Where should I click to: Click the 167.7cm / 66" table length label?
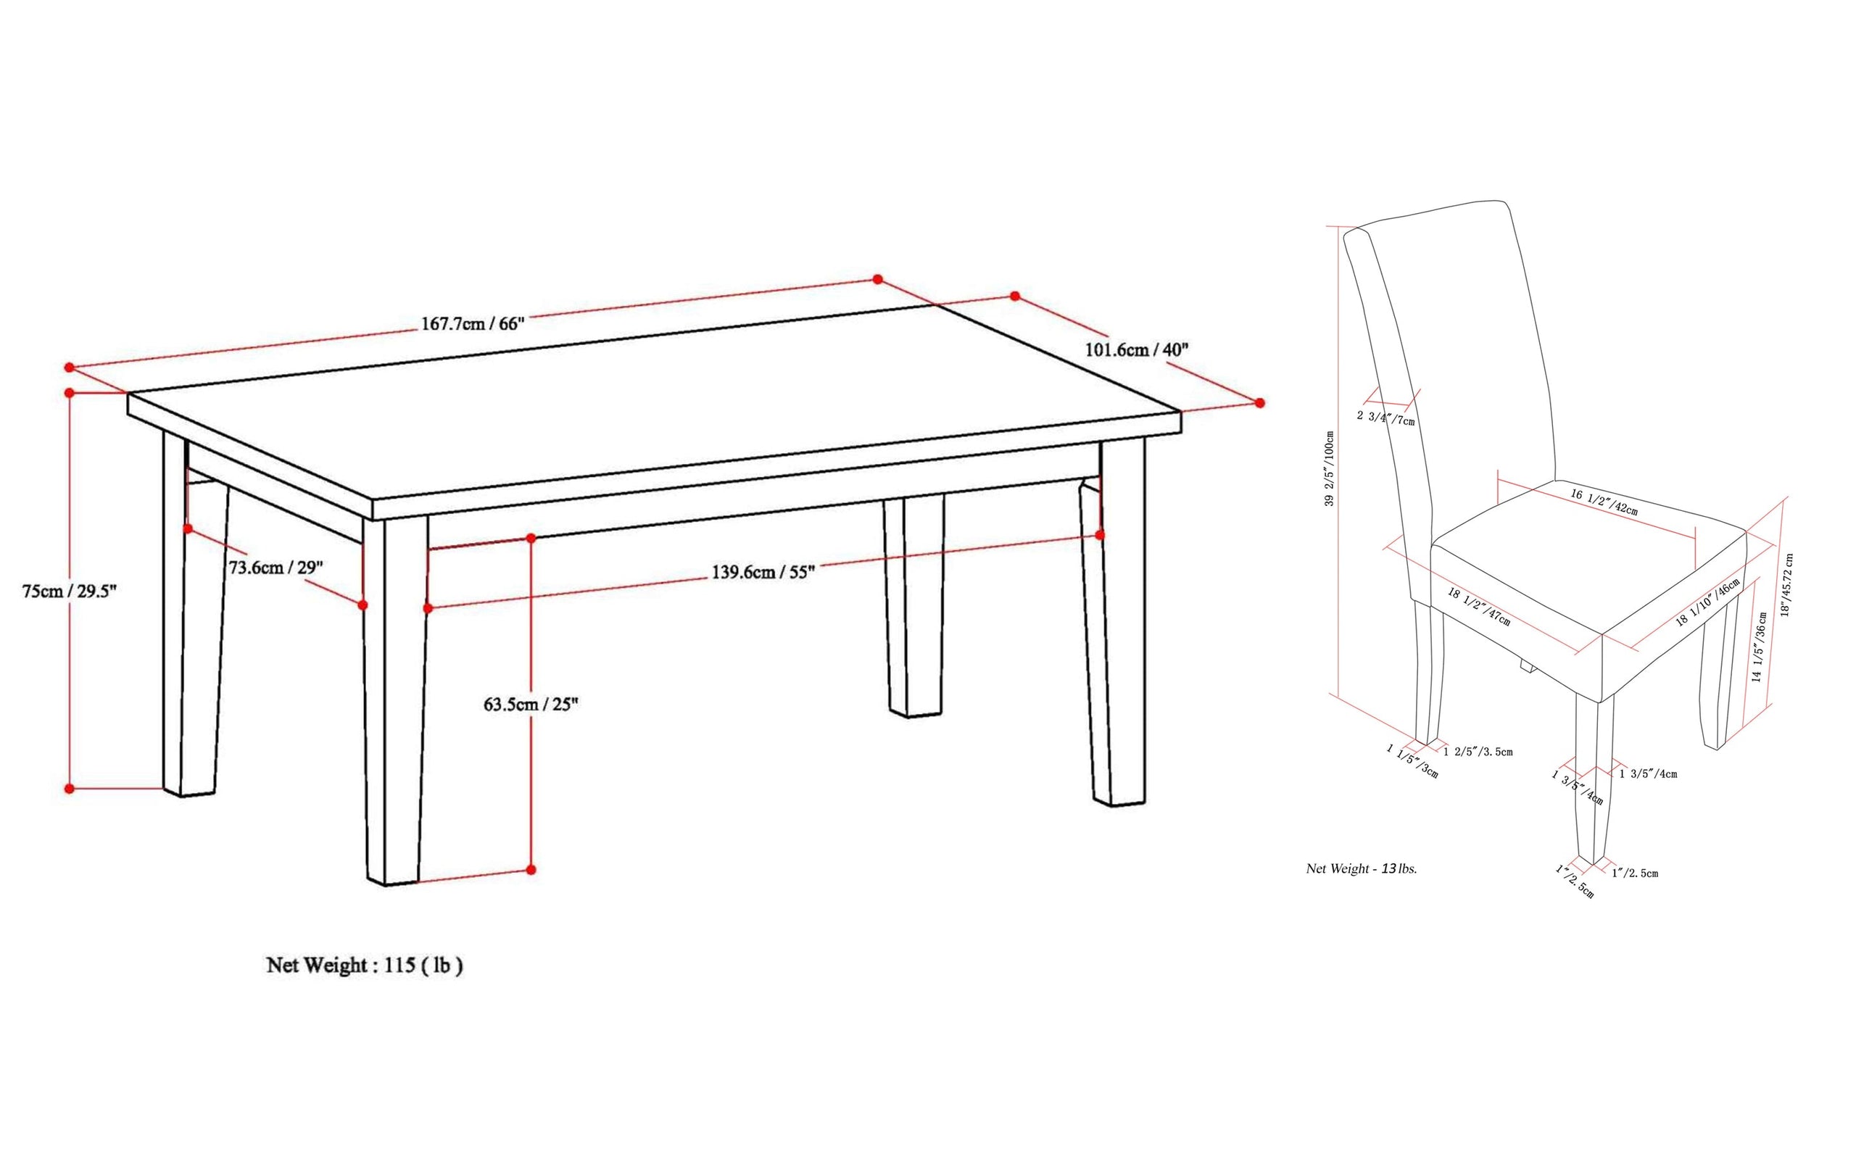click(473, 323)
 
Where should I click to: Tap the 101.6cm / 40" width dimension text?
click(1137, 349)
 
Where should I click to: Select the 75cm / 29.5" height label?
click(69, 591)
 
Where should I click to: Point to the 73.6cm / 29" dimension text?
click(277, 567)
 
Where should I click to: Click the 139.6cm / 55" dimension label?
click(763, 572)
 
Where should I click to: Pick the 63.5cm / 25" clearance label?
click(531, 704)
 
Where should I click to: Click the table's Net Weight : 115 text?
click(364, 966)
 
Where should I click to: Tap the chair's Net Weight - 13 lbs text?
click(1362, 868)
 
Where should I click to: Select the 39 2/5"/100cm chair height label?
click(1329, 468)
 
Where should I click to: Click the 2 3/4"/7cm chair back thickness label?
click(1385, 418)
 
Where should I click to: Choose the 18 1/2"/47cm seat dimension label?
click(1480, 606)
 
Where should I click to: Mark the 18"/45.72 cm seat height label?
click(1787, 584)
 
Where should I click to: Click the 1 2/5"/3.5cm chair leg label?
click(1478, 752)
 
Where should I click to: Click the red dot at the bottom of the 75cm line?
click(69, 789)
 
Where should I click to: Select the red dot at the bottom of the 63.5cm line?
click(531, 870)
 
